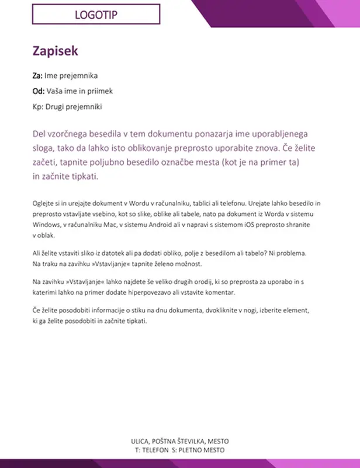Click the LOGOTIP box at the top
(96, 15)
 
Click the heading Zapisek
(55, 51)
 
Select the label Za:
(37, 76)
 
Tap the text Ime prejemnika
(71, 76)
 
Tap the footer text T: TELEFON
(151, 450)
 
